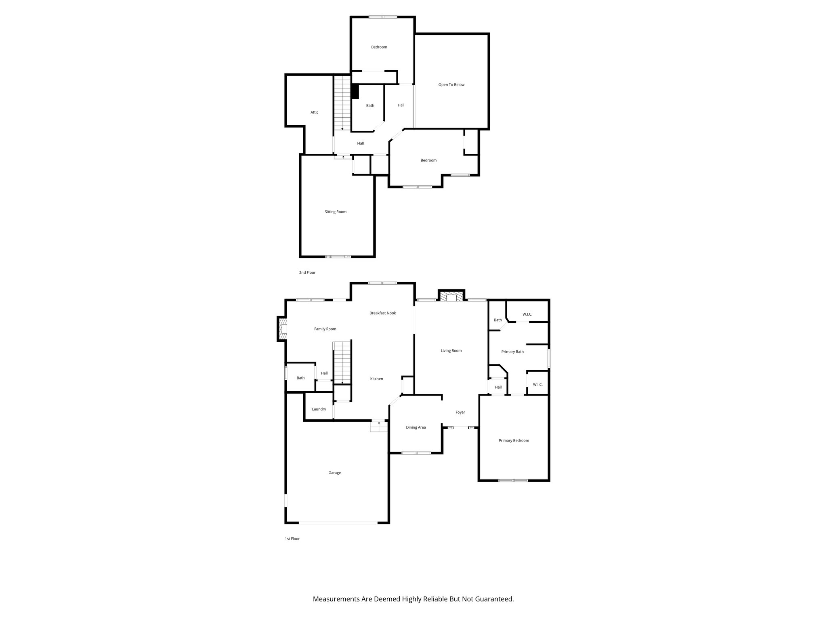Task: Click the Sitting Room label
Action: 336,212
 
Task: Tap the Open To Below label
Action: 451,85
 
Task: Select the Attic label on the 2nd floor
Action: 314,113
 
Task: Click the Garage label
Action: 334,473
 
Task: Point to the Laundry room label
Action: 319,409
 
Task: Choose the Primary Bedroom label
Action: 514,441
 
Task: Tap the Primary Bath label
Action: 512,352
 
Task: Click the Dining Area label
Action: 416,427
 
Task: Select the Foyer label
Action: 460,413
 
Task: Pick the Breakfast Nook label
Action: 382,313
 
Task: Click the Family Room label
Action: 325,329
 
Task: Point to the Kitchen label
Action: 376,379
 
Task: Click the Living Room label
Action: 451,351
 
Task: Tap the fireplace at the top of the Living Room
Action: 451,297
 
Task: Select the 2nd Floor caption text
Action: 307,273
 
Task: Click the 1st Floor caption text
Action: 292,539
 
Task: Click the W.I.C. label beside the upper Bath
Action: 527,314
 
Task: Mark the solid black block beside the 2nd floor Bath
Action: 355,92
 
